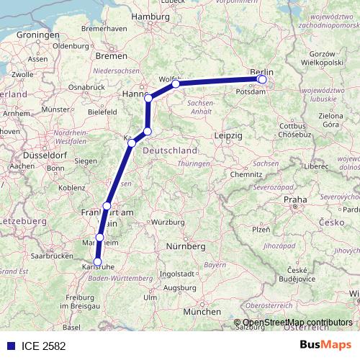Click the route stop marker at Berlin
pyautogui.click(x=262, y=79)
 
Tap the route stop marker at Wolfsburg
pyautogui.click(x=176, y=84)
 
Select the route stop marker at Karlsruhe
pyautogui.click(x=98, y=263)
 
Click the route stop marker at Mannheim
pyautogui.click(x=100, y=238)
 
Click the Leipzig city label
pyautogui.click(x=229, y=135)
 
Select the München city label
pyautogui.click(x=202, y=312)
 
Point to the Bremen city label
pyautogui.click(x=111, y=55)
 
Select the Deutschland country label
pyautogui.click(x=171, y=150)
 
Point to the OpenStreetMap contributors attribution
pyautogui.click(x=297, y=322)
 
